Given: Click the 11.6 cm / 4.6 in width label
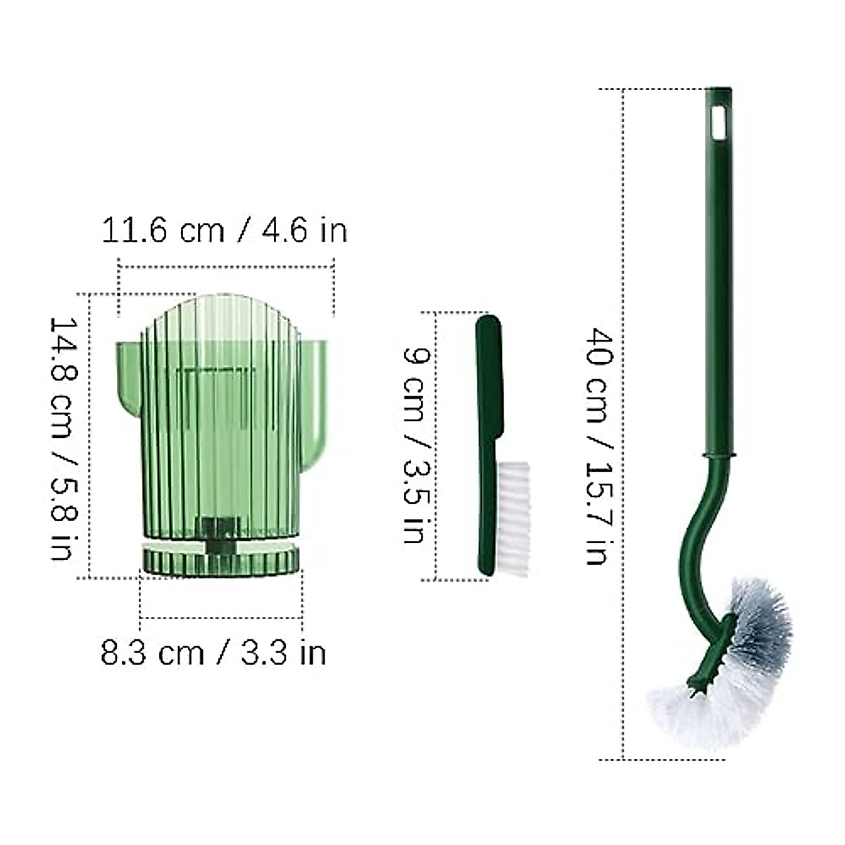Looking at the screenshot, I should click(225, 230).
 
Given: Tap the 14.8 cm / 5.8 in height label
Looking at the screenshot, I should click(63, 437).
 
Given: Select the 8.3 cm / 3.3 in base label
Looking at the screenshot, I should click(213, 653).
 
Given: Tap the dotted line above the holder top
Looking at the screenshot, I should click(225, 265).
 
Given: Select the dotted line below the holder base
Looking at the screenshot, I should click(221, 618).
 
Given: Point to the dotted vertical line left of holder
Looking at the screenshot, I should click(91, 437).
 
